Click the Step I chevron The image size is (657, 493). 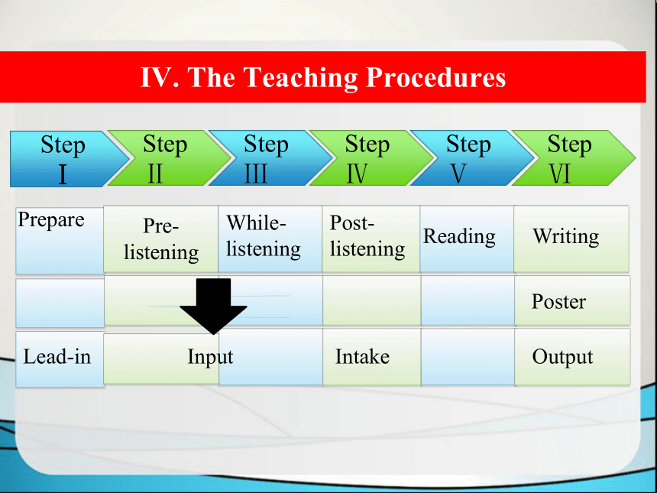point(67,159)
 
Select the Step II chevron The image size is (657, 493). point(168,158)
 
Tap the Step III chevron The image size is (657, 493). point(270,158)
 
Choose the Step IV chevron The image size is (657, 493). point(371,158)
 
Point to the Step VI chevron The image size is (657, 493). point(573,158)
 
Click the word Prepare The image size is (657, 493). point(51,220)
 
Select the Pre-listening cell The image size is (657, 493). point(161,239)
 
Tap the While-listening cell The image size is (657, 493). point(270,239)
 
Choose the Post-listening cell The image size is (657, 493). point(371,239)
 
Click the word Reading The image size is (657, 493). point(459,237)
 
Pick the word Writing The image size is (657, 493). point(565,237)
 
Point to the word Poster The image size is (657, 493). point(558,301)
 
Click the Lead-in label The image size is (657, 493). point(57,357)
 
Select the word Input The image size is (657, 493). point(210,358)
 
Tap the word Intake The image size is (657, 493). point(362,357)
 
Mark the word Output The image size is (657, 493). point(562,358)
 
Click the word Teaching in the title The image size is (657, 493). point(300,78)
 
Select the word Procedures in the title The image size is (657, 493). point(435,77)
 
